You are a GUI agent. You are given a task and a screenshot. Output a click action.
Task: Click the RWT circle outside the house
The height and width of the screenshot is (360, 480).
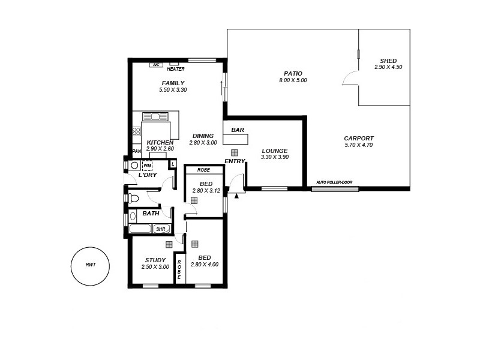coord(90,265)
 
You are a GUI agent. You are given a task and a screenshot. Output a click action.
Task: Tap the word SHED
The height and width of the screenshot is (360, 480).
coord(388,61)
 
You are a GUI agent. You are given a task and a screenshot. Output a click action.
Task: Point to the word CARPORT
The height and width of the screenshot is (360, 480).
coord(359,138)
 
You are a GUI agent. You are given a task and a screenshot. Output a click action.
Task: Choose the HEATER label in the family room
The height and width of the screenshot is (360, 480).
coord(176,69)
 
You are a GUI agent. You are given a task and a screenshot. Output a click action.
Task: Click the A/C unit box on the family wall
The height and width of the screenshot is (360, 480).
coord(155,64)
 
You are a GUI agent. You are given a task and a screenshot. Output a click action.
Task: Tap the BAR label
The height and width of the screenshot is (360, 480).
coord(237,130)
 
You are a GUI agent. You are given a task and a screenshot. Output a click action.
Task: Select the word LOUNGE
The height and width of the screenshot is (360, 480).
coord(274,151)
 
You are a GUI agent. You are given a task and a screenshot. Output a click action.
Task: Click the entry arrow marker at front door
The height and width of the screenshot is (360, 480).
coord(236,195)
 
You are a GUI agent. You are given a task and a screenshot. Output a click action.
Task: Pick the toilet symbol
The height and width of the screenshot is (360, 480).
coord(134,198)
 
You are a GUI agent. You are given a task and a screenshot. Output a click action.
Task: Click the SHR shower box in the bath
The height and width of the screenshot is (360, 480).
coord(161,229)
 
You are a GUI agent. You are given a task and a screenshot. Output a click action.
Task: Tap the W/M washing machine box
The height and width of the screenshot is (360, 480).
coord(148,165)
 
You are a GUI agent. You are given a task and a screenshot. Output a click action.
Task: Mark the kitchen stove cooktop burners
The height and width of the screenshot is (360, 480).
coord(136,131)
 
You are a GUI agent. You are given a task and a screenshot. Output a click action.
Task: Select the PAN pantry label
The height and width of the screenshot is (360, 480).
coord(136,151)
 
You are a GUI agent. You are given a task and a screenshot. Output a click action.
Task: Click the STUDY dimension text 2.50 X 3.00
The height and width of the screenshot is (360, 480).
coord(155,267)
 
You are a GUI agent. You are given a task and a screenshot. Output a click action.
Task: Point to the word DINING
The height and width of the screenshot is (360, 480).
coord(203,136)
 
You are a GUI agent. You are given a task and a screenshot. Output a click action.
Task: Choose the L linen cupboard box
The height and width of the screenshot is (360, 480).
coord(173,164)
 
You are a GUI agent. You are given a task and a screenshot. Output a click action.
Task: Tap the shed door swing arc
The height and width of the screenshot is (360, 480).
coord(348,78)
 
